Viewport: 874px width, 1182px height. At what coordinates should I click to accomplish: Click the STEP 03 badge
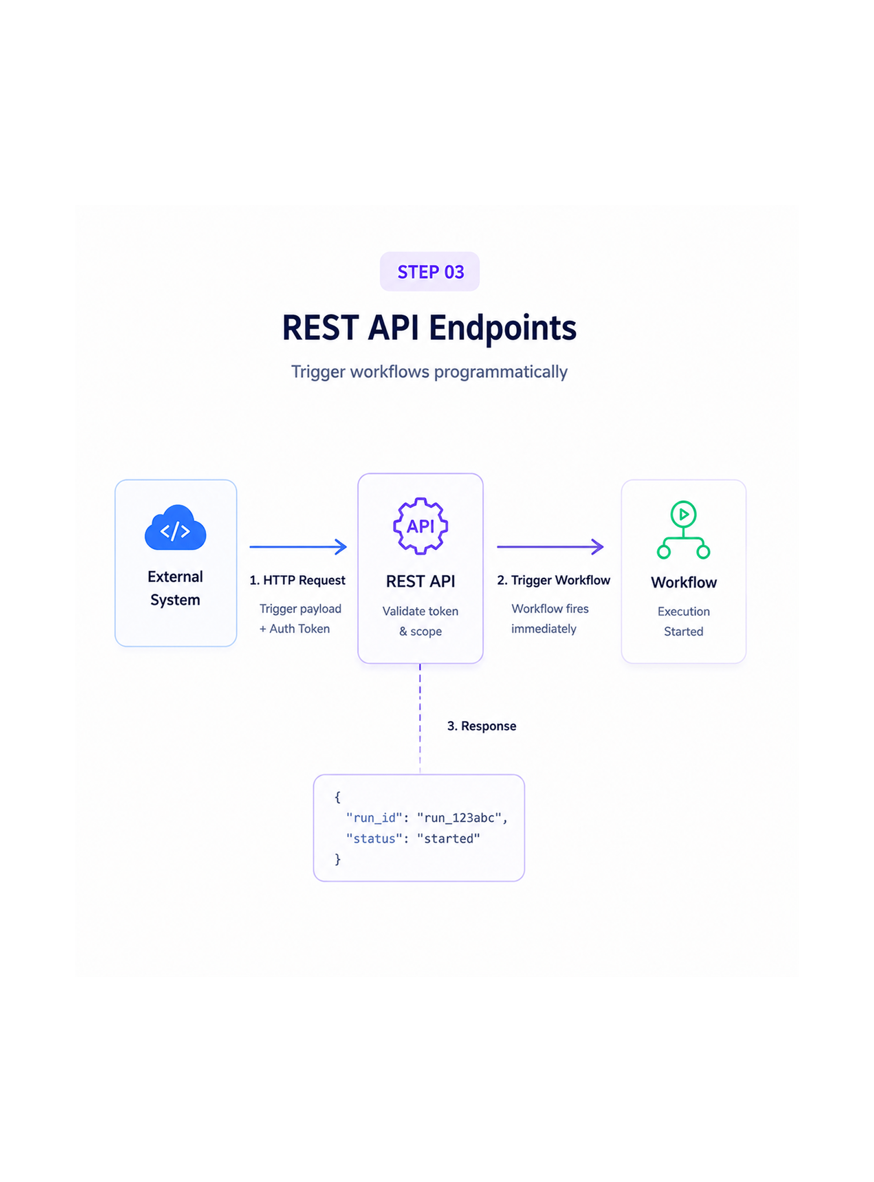pyautogui.click(x=429, y=272)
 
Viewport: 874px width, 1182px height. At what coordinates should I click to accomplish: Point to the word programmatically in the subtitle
pyautogui.click(x=500, y=372)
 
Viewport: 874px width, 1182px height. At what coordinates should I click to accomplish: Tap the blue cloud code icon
pyautogui.click(x=175, y=528)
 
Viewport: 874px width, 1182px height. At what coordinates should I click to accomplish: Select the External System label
pyautogui.click(x=175, y=588)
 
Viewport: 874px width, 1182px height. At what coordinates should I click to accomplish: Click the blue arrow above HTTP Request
pyautogui.click(x=298, y=546)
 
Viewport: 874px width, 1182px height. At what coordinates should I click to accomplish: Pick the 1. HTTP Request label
pyautogui.click(x=297, y=580)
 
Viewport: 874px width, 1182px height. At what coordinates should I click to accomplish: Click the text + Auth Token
pyautogui.click(x=294, y=629)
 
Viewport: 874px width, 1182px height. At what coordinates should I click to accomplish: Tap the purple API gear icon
pyautogui.click(x=421, y=526)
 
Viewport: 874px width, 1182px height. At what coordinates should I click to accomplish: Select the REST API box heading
pyautogui.click(x=421, y=582)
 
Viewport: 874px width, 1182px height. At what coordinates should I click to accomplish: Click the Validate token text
pyautogui.click(x=421, y=611)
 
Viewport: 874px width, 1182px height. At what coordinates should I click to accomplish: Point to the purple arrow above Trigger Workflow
pyautogui.click(x=550, y=546)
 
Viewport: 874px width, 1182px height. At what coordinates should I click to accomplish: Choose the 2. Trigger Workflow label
pyautogui.click(x=553, y=580)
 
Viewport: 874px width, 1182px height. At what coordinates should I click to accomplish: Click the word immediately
pyautogui.click(x=544, y=629)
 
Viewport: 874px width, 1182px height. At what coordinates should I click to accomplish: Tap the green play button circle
pyautogui.click(x=684, y=514)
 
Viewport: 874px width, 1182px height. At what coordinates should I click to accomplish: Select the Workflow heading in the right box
pyautogui.click(x=684, y=583)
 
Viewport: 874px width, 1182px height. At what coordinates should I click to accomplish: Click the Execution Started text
pyautogui.click(x=684, y=621)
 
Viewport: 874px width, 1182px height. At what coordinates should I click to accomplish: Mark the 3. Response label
pyautogui.click(x=482, y=726)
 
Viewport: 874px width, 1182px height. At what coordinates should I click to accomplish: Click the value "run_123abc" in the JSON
pyautogui.click(x=459, y=818)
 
